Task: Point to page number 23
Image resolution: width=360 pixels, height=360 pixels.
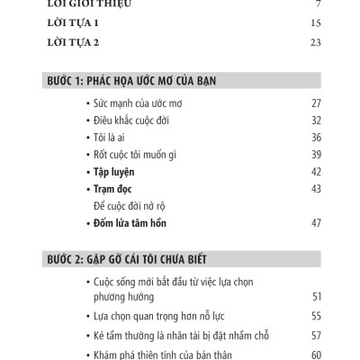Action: pos(315,42)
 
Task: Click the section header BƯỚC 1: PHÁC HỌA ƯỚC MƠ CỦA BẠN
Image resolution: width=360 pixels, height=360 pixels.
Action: pos(131,80)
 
